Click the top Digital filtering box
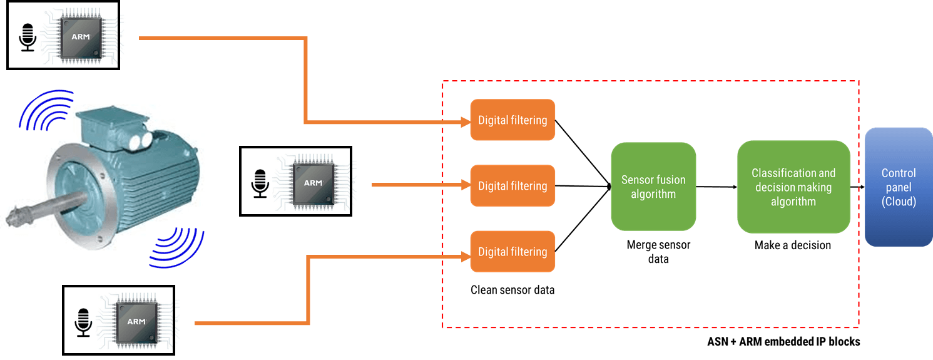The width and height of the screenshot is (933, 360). pos(512,120)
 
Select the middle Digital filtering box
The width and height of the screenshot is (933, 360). pos(512,186)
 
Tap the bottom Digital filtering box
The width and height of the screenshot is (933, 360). pos(512,252)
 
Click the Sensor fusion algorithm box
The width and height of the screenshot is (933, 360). pos(653,187)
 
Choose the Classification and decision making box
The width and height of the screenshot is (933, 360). pos(793,187)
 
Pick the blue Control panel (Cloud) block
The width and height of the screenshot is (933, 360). pos(899,187)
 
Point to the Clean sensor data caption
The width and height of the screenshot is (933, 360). pos(512,290)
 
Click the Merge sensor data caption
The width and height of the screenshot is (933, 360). pos(658,252)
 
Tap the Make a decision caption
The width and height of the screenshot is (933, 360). pos(793,245)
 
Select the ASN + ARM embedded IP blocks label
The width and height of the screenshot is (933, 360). pos(783,342)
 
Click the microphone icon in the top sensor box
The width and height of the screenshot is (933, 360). pos(28,38)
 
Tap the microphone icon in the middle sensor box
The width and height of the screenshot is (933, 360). pos(260,183)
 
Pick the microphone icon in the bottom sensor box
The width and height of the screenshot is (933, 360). pos(83,322)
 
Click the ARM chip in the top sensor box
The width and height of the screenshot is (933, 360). pos(81,37)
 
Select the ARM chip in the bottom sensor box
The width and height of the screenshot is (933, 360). pos(136,322)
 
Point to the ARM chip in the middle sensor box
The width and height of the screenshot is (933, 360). pos(314,183)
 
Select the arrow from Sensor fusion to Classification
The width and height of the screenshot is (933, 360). pos(716,187)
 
